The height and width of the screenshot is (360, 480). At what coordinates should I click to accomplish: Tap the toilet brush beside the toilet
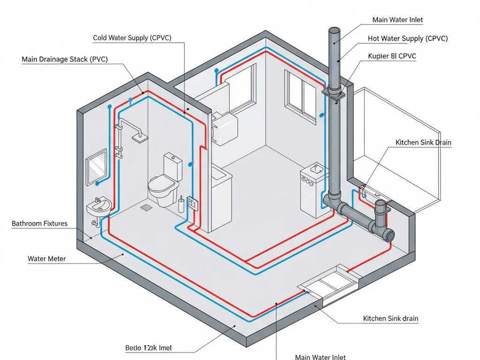coord(181,205)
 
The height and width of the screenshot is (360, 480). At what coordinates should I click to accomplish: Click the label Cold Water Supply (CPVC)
coord(133,38)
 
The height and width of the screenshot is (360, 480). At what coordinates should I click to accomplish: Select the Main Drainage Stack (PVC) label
coord(65,60)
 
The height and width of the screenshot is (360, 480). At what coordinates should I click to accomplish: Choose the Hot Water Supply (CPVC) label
coord(408,38)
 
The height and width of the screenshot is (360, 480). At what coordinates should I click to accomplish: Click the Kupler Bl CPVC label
coord(393,56)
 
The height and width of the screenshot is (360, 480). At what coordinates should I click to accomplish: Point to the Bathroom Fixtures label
coord(39,224)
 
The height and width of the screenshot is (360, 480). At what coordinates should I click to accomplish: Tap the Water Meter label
coord(47,259)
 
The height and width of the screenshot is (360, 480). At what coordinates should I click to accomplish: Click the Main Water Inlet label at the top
coord(397,20)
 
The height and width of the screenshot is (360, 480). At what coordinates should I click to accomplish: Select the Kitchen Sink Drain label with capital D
coord(423,142)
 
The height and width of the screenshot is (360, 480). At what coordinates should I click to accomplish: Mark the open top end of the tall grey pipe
coord(334,31)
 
